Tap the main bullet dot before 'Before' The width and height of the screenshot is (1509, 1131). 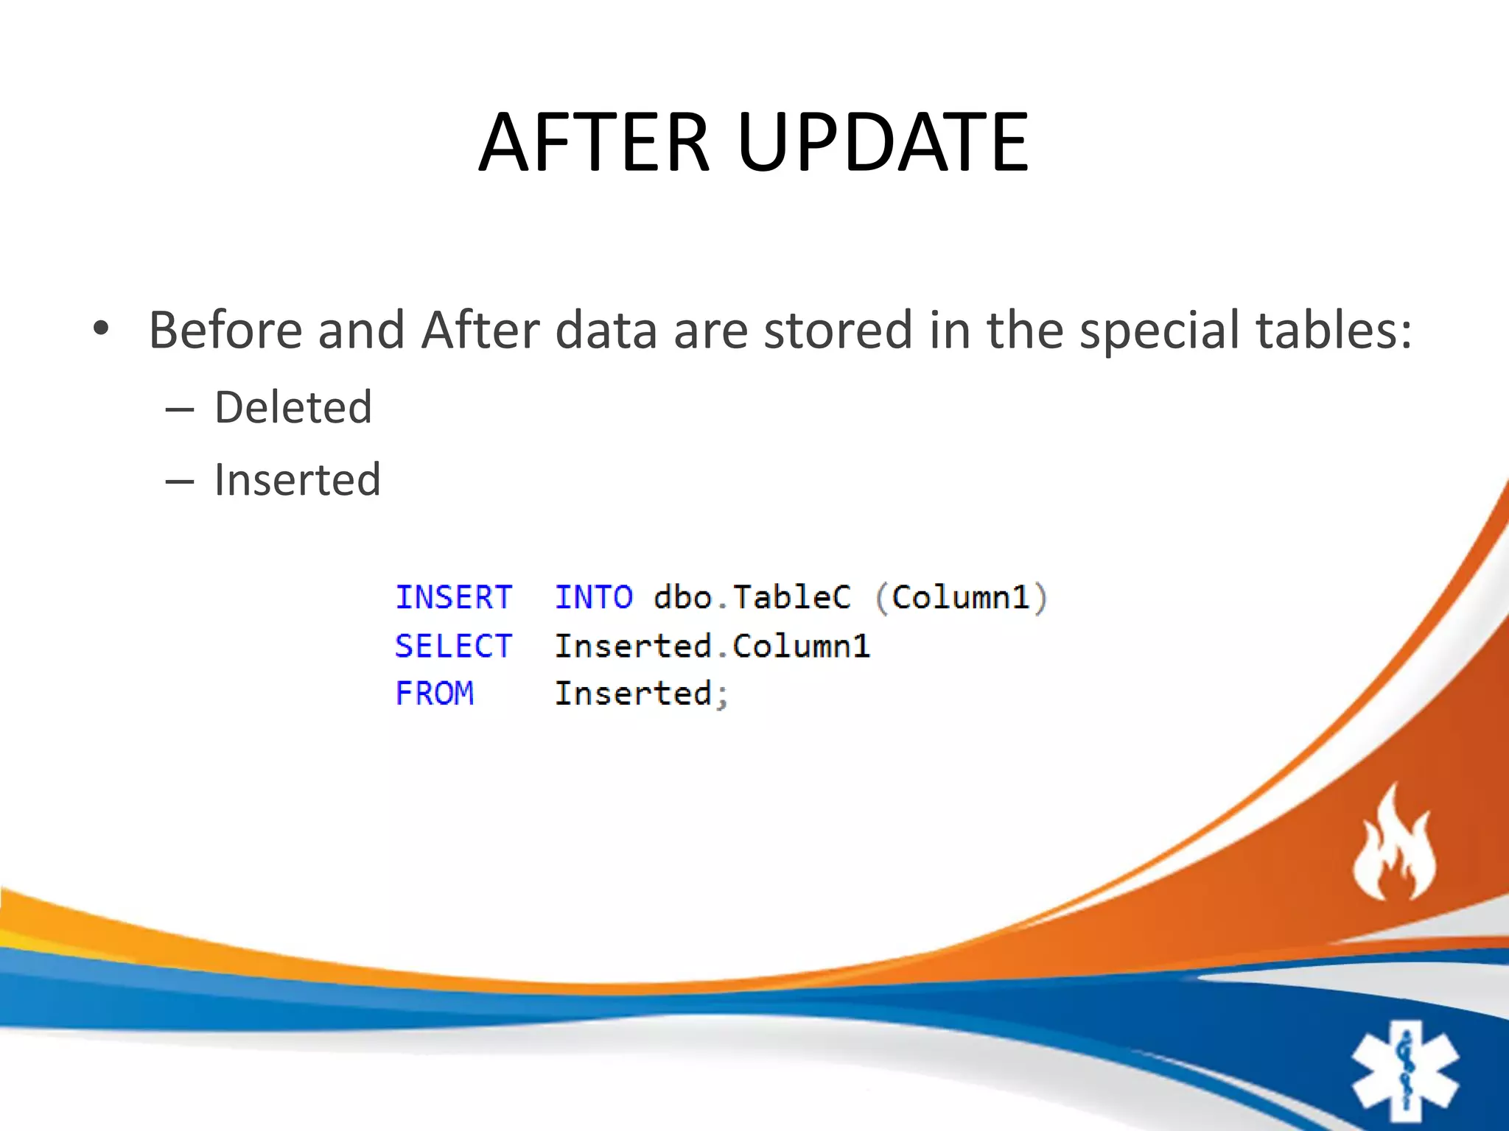(101, 328)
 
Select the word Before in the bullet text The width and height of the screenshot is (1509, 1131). (225, 330)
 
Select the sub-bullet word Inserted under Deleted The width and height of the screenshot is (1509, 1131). (297, 480)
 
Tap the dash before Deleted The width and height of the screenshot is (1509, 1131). (179, 409)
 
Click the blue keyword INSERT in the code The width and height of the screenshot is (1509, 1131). (453, 597)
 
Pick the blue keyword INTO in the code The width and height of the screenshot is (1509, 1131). (593, 597)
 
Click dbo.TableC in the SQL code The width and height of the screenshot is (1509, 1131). (752, 597)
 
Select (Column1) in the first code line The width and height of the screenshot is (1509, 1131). (961, 597)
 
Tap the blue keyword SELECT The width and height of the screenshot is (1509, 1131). (453, 646)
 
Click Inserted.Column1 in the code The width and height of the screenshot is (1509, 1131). (712, 646)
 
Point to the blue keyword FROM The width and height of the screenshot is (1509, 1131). (434, 694)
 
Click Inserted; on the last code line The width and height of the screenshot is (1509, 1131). (640, 694)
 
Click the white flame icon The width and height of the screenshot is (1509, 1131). (1394, 847)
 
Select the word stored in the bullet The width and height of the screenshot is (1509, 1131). (838, 330)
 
